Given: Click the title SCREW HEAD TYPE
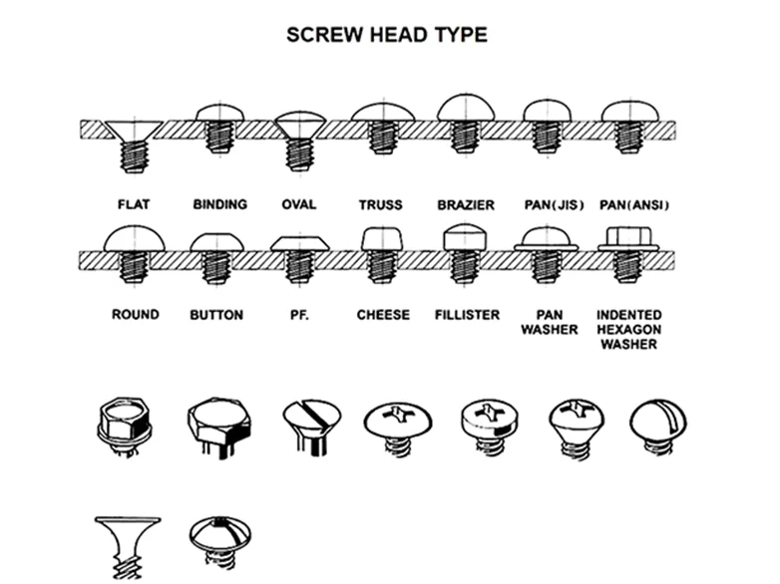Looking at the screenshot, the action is click(x=387, y=35).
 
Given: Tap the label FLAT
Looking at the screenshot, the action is click(x=134, y=204).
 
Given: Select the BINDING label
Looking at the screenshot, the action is click(x=219, y=204).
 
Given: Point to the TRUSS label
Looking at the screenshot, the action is click(x=381, y=204).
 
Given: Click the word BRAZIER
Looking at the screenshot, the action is click(x=466, y=204).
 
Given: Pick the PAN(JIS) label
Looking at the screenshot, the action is click(x=554, y=204).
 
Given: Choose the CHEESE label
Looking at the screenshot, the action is click(x=383, y=315).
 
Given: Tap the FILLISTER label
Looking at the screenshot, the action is click(x=467, y=315).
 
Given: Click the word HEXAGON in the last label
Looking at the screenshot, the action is click(x=628, y=329).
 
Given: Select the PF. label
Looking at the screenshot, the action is click(x=299, y=315).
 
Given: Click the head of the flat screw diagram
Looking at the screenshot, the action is click(x=134, y=130).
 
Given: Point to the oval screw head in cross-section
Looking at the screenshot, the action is click(x=300, y=125).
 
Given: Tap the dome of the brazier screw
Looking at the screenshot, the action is click(x=466, y=108).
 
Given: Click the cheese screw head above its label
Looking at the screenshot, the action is click(x=382, y=238).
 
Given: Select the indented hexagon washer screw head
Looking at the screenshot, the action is click(x=628, y=238).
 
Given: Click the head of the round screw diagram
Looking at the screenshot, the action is click(x=134, y=238).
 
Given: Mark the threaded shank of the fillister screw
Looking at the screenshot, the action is click(x=465, y=266).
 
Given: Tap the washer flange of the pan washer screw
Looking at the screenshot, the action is click(x=547, y=247).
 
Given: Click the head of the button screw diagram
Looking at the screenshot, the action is click(x=216, y=242).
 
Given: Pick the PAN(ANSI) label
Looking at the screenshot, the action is click(x=633, y=204).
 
